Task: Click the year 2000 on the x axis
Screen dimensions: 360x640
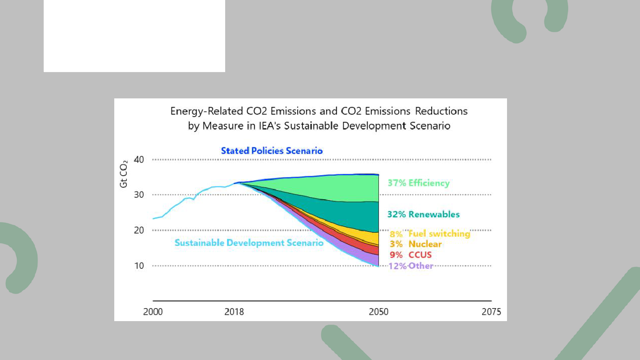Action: pos(153,312)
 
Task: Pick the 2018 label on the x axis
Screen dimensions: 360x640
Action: pos(234,312)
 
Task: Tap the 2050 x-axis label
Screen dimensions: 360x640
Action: pos(379,312)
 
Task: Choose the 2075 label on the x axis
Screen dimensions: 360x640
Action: pos(491,312)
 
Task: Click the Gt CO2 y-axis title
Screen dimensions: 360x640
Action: pos(124,173)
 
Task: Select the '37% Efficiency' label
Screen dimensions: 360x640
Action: pos(419,183)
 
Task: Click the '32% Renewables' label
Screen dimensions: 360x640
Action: pos(423,215)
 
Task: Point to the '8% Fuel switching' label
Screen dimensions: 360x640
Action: pos(430,234)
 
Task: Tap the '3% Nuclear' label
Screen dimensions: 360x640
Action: pos(416,244)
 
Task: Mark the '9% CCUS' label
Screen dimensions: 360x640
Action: pos(411,255)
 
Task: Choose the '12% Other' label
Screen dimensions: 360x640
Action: pos(411,266)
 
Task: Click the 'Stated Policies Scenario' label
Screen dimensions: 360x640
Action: pos(272,151)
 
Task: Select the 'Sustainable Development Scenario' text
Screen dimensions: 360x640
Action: pos(249,243)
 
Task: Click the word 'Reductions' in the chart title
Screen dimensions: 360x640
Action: pos(440,111)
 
